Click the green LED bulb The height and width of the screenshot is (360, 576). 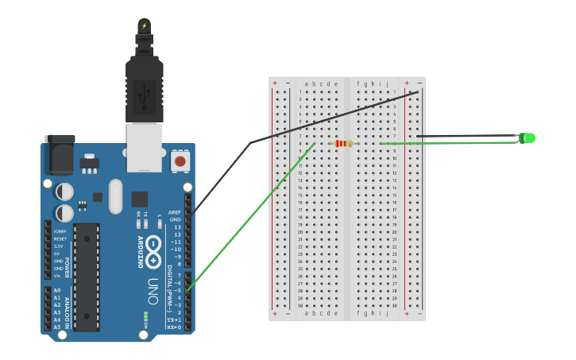pos(528,138)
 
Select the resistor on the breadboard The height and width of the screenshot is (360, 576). pos(344,144)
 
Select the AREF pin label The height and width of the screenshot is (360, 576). pos(174,212)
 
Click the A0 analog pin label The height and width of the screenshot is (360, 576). pos(57,291)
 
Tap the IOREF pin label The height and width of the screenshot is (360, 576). pos(60,231)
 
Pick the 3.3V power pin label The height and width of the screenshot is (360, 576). pos(58,246)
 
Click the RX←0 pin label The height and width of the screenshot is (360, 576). pos(173,327)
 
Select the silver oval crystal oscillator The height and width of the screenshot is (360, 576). pos(116,195)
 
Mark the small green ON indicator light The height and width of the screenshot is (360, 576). pos(146,317)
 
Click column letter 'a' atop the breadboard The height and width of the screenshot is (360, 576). pos(306,83)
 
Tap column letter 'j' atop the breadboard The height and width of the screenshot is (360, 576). pos(388,83)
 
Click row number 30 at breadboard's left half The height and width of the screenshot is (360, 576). pos(300,306)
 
